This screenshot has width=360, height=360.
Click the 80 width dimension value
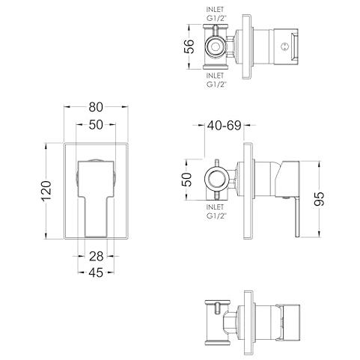[x=96, y=107]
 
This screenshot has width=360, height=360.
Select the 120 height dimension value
[x=46, y=191]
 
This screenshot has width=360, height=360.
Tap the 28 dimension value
[x=96, y=256]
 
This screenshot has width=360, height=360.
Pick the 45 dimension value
[x=96, y=272]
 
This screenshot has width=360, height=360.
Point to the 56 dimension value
[x=189, y=46]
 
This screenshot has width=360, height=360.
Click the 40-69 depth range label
[x=224, y=126]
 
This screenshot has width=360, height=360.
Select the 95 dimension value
[x=320, y=199]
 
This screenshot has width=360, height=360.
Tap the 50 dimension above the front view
[x=96, y=125]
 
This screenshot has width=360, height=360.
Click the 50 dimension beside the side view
[x=187, y=180]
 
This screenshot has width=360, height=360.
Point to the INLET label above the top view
[x=215, y=10]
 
